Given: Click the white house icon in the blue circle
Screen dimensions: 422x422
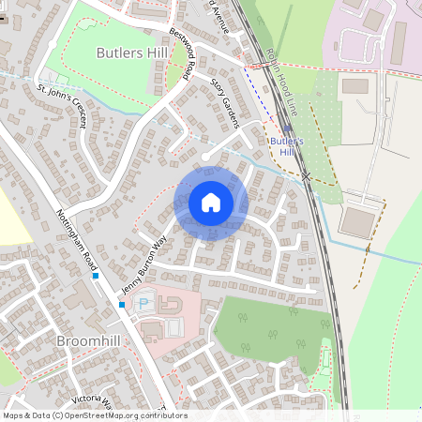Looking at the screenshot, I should tap(211, 202).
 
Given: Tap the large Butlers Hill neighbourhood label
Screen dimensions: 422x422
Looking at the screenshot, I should tap(132, 53).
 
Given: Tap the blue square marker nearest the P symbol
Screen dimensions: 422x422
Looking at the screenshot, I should tap(121, 304).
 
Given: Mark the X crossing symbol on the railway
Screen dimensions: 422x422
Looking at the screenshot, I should tap(307, 175).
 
